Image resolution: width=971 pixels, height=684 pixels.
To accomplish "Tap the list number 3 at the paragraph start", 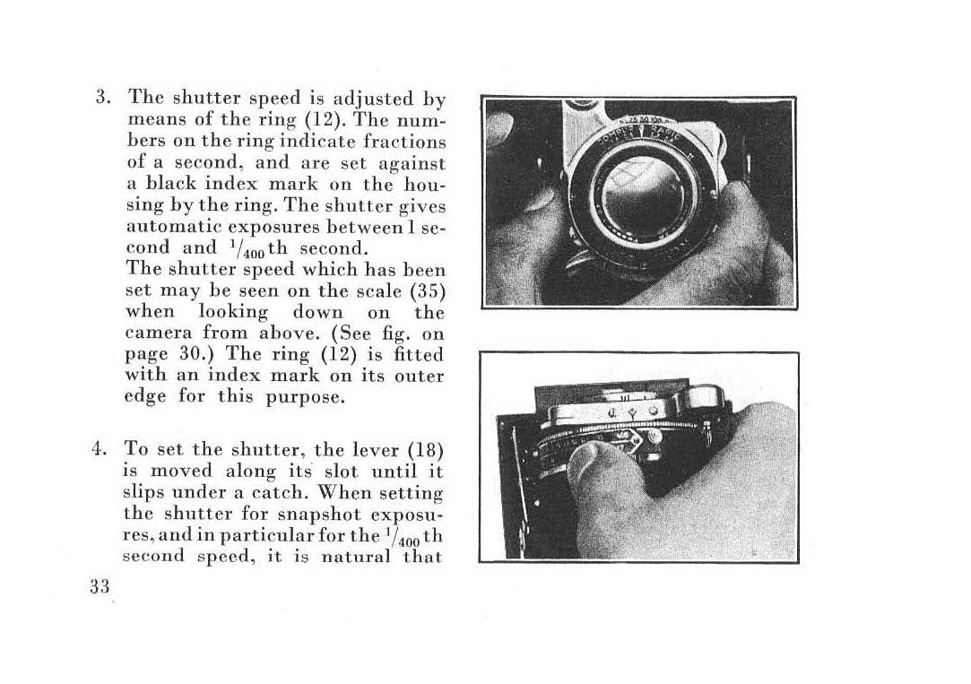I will pyautogui.click(x=104, y=98).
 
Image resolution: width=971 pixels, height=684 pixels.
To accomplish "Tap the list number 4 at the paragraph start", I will pyautogui.click(x=104, y=448).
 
